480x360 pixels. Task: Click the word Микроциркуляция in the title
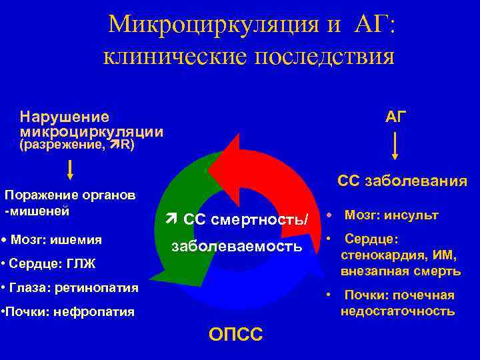[x=198, y=25]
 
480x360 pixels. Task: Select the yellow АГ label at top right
[x=395, y=118]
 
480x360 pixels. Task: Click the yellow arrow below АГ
[x=395, y=147]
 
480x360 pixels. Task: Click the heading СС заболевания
[x=402, y=181]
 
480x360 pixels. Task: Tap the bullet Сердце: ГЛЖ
[x=49, y=264]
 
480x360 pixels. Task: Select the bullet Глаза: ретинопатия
[x=69, y=288]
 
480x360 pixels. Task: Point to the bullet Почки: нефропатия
[x=67, y=311]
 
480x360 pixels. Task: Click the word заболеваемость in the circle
[x=237, y=246]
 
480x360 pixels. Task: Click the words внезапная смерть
[x=401, y=271]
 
